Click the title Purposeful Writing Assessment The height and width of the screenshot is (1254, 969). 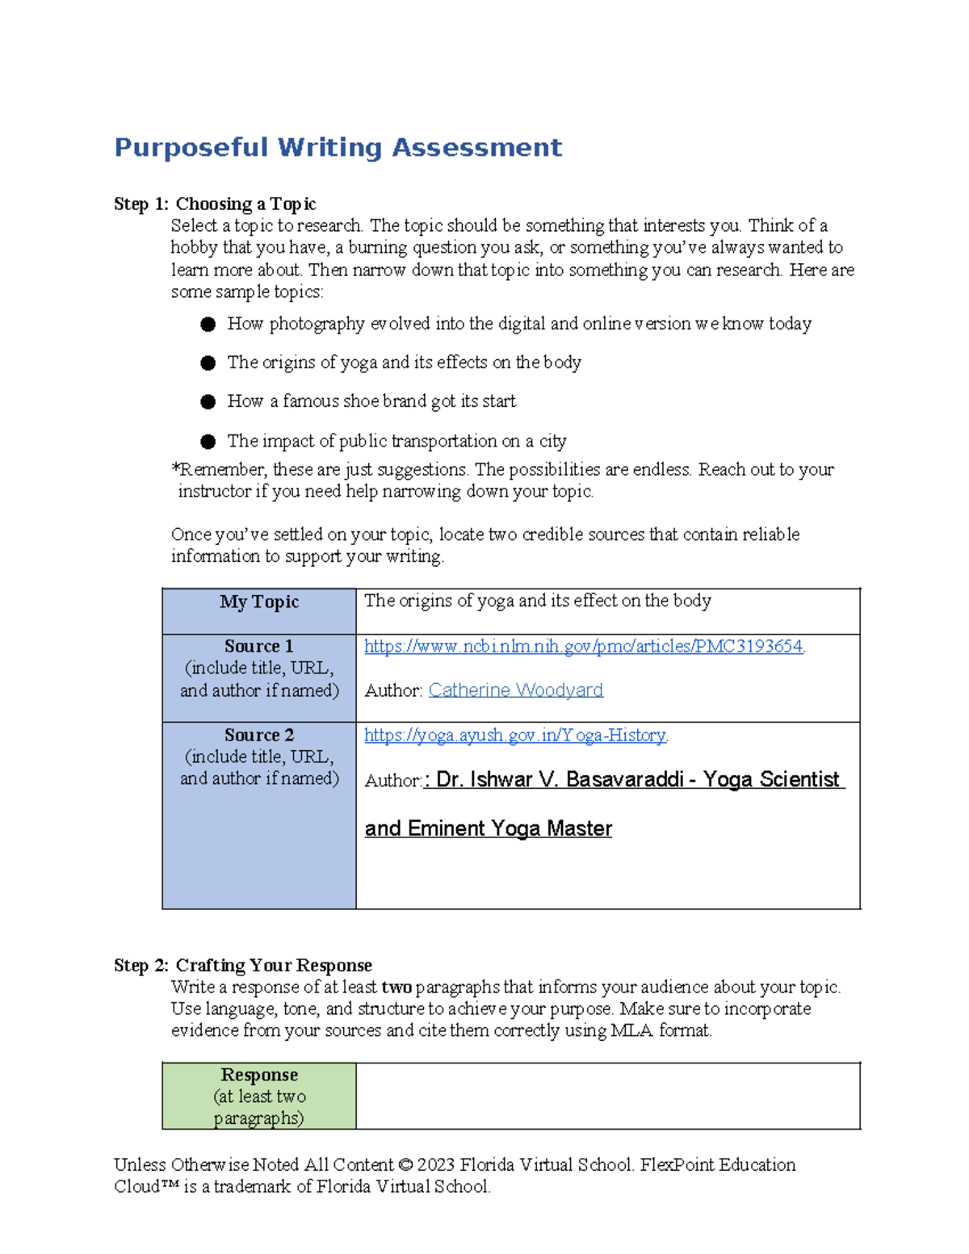(338, 148)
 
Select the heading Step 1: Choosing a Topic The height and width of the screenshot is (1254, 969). (215, 203)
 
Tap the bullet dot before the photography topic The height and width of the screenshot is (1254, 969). (208, 325)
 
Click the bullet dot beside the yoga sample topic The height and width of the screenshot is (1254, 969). (208, 363)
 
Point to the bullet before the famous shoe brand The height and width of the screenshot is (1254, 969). (208, 402)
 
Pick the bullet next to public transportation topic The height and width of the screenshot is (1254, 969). (208, 442)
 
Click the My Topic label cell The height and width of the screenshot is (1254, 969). (259, 602)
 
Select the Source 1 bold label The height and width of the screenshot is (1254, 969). (259, 646)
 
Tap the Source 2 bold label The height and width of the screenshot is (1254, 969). (259, 735)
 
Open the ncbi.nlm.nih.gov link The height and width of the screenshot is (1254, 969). (583, 646)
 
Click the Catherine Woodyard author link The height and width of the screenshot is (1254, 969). (515, 690)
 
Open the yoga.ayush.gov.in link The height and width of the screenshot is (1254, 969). (514, 735)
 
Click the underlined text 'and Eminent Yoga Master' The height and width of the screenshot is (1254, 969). (488, 828)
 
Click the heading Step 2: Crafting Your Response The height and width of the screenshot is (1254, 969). (243, 965)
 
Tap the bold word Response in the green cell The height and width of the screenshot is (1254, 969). (259, 1075)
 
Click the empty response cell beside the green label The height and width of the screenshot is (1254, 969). (607, 1096)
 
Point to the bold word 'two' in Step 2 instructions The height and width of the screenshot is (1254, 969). (396, 988)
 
